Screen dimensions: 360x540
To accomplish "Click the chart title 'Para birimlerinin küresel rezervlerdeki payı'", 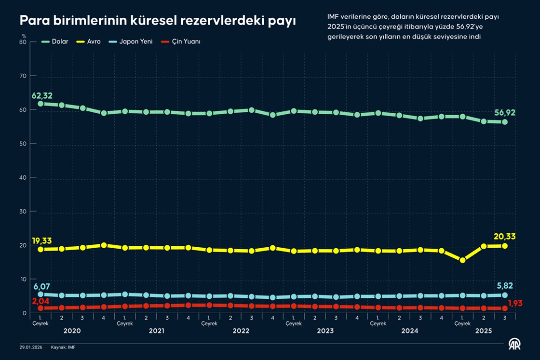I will [x=157, y=21].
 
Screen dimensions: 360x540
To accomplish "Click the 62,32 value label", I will [x=42, y=95].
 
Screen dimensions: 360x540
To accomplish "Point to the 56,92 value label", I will [x=504, y=113].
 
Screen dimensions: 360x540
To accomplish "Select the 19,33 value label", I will [x=42, y=240].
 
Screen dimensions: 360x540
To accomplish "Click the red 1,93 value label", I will [x=515, y=303].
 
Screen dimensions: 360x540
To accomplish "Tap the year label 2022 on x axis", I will [x=241, y=331].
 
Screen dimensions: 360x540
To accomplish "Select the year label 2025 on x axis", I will [x=484, y=331].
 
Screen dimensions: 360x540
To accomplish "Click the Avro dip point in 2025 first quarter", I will [x=462, y=260].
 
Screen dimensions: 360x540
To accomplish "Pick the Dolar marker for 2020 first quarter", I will [x=41, y=104].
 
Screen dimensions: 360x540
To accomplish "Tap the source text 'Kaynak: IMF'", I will [x=63, y=347].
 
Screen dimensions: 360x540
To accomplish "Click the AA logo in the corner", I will [x=516, y=344].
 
